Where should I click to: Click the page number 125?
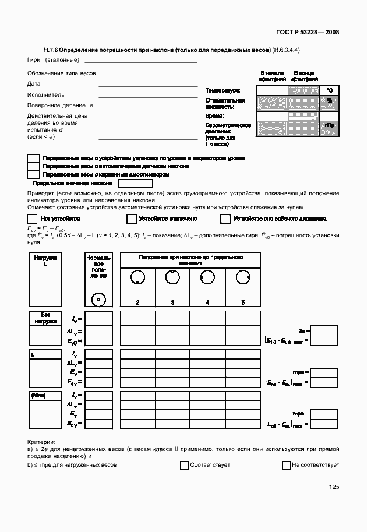click(333, 487)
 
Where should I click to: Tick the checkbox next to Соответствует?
click(185, 465)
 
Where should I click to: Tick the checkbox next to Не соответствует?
click(286, 465)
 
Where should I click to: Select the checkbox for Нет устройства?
click(33, 219)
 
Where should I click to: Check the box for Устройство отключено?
click(131, 219)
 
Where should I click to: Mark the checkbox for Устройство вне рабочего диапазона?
click(225, 219)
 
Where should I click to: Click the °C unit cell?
click(329, 90)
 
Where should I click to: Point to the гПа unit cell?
click(329, 126)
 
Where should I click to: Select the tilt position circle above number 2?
click(137, 278)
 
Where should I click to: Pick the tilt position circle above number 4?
click(207, 277)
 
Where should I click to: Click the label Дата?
click(34, 84)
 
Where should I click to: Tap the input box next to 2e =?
click(324, 330)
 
